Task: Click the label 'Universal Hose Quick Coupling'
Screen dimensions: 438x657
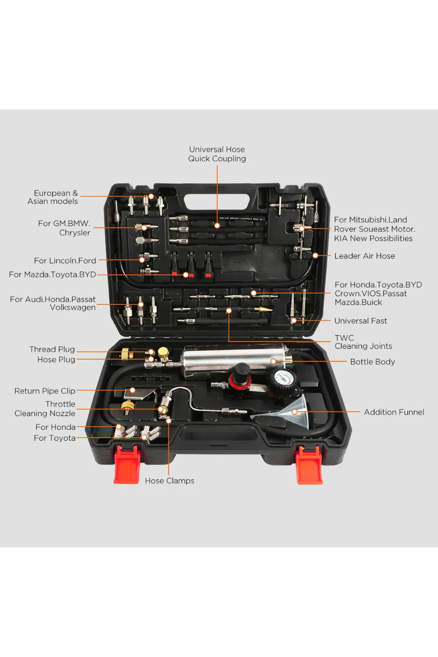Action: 217,154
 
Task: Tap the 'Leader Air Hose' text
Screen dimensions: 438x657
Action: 364,256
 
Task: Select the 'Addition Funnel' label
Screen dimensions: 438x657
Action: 394,412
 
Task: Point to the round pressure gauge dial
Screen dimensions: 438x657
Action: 283,379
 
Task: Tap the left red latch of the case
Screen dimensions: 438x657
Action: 127,465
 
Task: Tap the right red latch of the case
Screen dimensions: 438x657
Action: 309,465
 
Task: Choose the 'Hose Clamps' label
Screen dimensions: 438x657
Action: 170,481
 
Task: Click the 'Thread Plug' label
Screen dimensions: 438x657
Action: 52,350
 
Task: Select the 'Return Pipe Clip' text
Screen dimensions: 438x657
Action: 45,391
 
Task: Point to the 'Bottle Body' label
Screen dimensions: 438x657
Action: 372,362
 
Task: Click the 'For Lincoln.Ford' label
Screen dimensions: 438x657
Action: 65,261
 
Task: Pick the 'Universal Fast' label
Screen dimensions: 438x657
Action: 360,321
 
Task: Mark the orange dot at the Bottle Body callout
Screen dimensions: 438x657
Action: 273,361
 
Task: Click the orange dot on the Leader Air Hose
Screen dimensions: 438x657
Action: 315,256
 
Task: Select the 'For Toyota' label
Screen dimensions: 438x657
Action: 55,438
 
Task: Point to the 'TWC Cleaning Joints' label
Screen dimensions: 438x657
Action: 363,342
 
